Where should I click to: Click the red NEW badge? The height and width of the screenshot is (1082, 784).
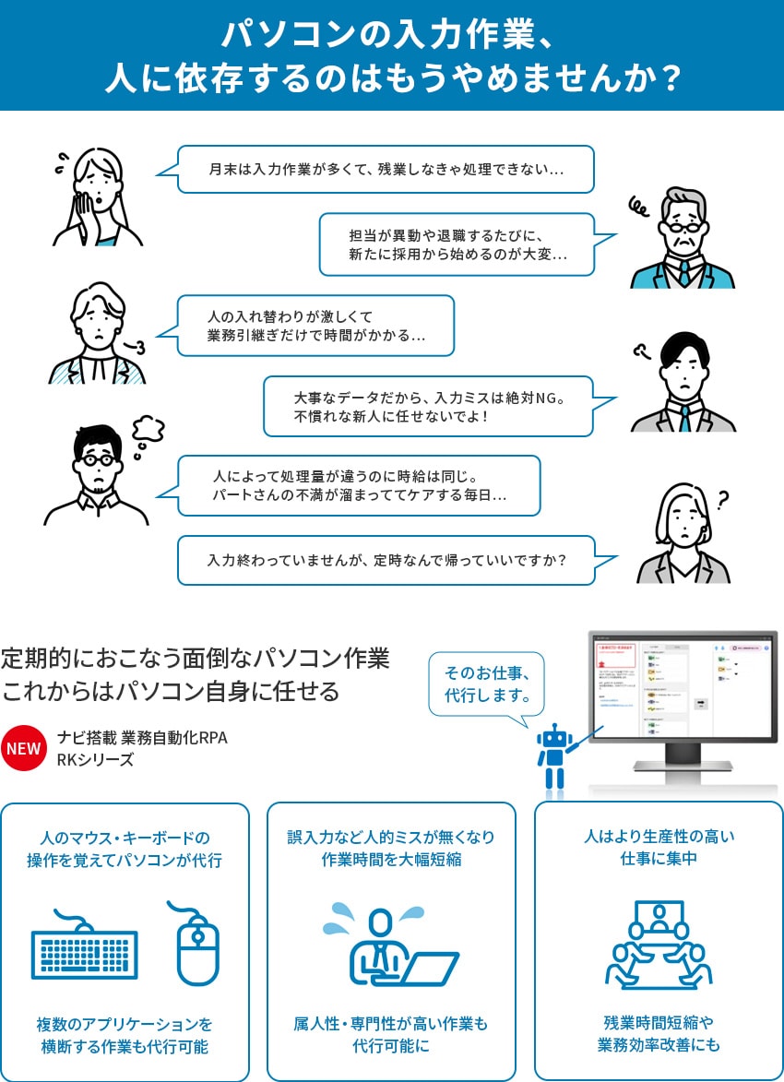pos(24,748)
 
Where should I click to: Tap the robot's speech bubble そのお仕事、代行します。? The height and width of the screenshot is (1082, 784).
pos(487,684)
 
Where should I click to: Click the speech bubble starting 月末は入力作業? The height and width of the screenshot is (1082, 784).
pos(386,170)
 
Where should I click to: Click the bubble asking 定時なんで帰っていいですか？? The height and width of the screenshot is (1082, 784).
pos(386,560)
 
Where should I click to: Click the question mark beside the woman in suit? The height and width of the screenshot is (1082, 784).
pos(722,499)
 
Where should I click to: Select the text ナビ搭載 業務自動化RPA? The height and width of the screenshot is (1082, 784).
pos(142,738)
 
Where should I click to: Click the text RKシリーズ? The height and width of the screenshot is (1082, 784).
pos(95,760)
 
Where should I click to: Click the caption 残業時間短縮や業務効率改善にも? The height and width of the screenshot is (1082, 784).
pos(659,1033)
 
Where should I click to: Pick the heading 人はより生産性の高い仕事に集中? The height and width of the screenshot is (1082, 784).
pos(659,848)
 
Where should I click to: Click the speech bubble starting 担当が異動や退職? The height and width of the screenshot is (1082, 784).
pos(457,244)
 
